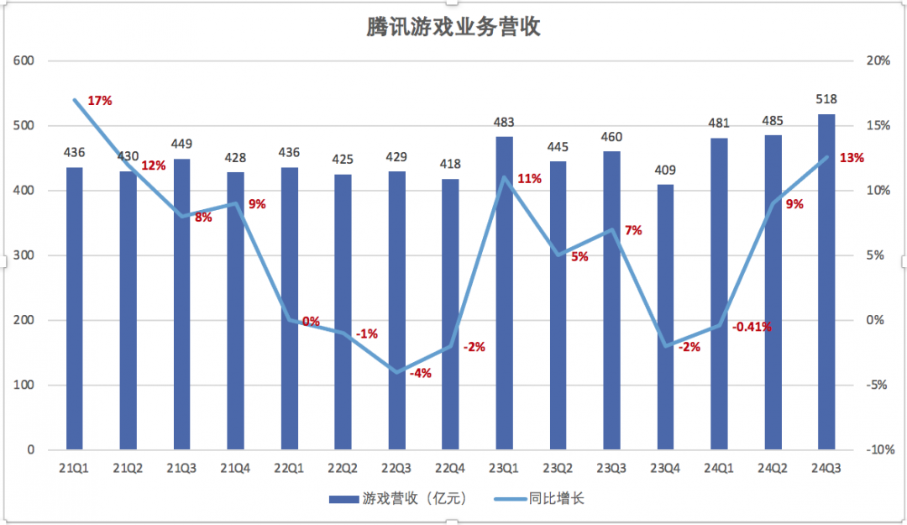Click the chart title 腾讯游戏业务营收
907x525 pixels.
click(x=453, y=28)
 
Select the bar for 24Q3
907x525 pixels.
click(x=826, y=286)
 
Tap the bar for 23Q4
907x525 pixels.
click(x=665, y=319)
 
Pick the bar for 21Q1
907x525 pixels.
click(x=75, y=311)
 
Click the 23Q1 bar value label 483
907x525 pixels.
click(x=504, y=122)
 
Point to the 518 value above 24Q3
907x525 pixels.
click(x=826, y=99)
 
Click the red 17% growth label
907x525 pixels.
click(x=100, y=101)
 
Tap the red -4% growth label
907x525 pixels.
click(x=420, y=373)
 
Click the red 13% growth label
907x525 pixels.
click(x=852, y=158)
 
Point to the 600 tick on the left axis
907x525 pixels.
click(x=24, y=61)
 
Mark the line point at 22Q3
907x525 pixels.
click(x=396, y=372)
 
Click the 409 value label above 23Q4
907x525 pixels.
click(x=665, y=171)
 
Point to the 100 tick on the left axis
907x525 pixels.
click(x=24, y=386)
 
